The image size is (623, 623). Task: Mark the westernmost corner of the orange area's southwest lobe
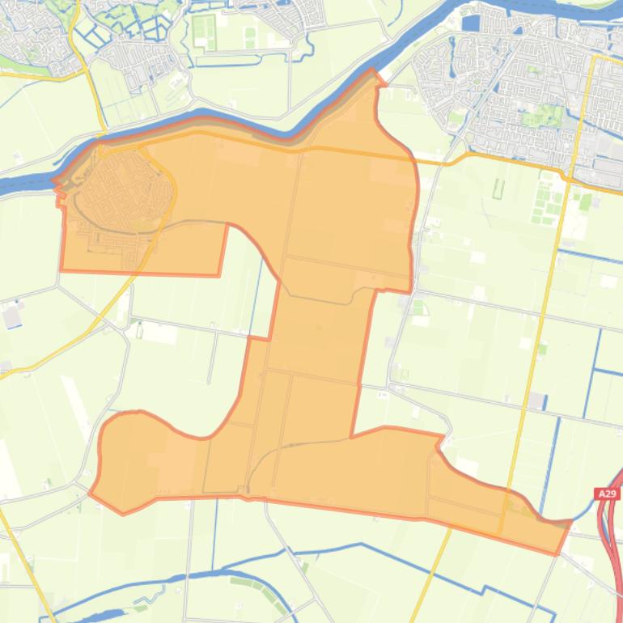pos(90,492)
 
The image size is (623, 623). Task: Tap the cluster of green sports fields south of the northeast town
pos(546,202)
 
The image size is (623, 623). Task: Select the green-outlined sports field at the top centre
pos(205,32)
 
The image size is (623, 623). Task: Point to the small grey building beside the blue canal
pos(536,401)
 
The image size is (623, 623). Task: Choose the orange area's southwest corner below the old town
pos(61,269)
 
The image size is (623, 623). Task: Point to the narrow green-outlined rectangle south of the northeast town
pos(498,189)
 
